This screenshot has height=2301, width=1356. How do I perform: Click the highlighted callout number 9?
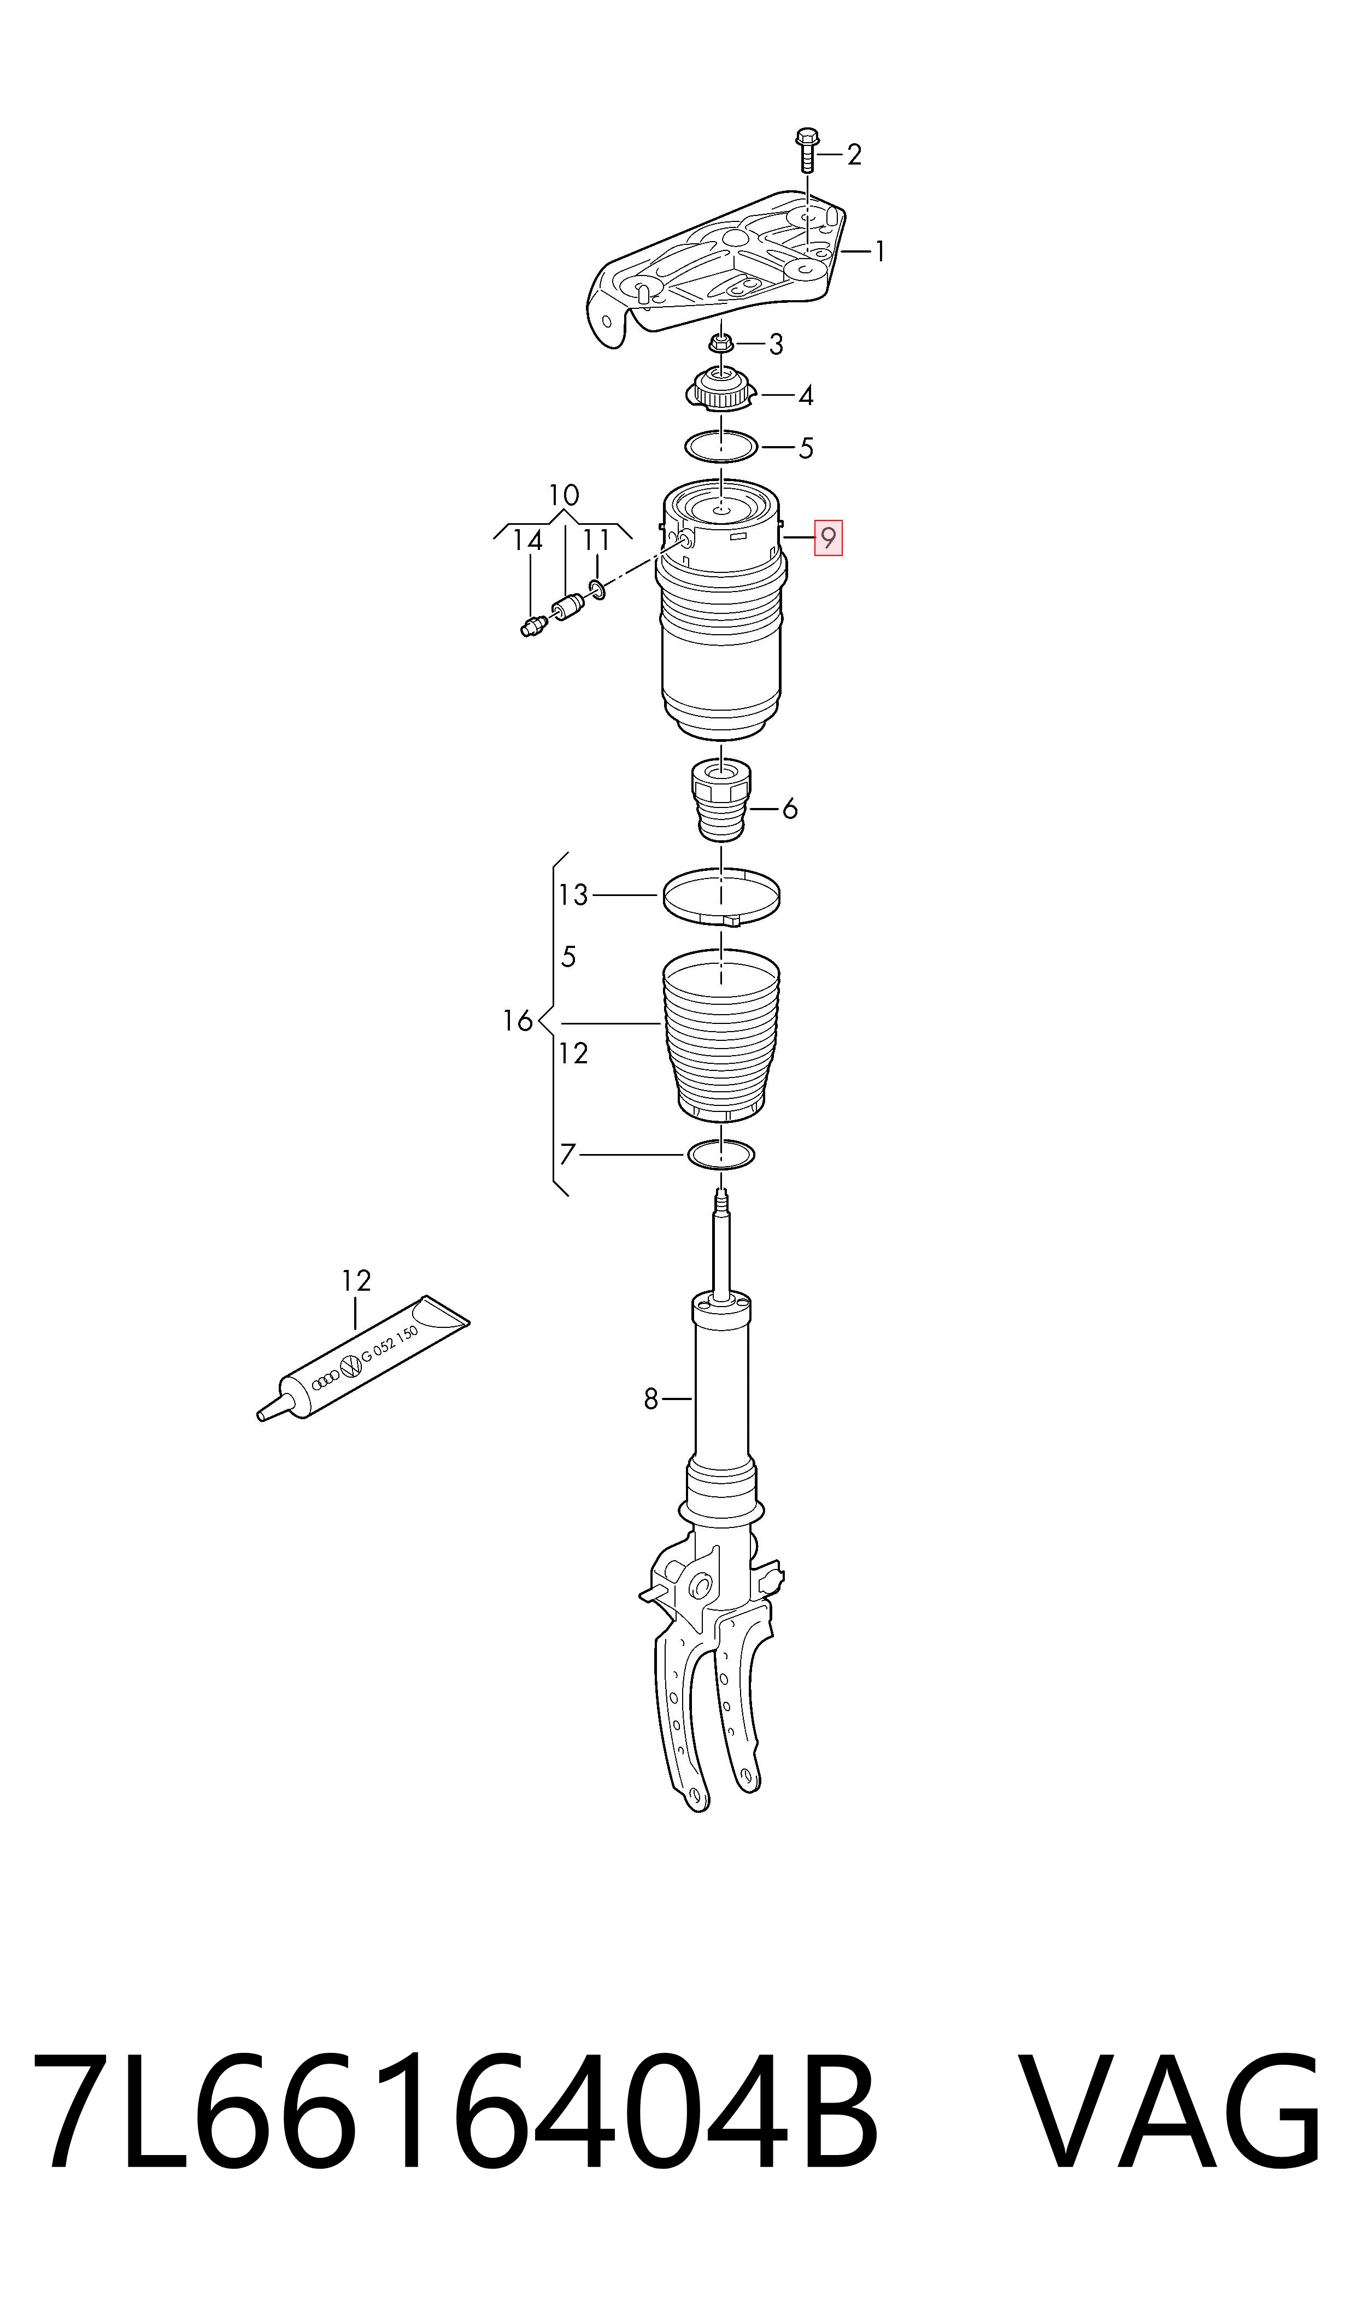coord(828,538)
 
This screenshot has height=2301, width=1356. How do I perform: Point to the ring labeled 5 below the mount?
coord(722,447)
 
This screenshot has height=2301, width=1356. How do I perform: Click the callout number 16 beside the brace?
coord(517,1021)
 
